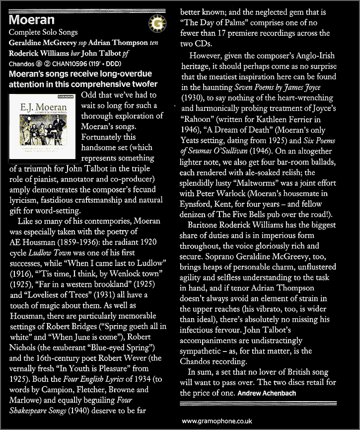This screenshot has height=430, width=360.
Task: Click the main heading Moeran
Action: click(32, 21)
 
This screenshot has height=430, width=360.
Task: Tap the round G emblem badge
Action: click(156, 23)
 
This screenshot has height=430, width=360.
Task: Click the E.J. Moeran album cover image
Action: click(43, 127)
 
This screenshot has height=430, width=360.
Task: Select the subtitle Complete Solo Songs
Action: click(44, 33)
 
